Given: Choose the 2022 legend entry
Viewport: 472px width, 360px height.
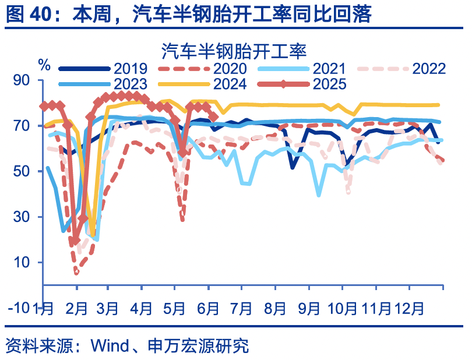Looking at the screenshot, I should [429, 69].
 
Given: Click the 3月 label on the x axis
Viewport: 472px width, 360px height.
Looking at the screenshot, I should [111, 308].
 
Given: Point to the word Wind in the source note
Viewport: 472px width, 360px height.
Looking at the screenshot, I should [110, 346].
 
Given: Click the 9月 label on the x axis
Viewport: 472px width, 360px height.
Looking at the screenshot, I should [310, 308].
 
